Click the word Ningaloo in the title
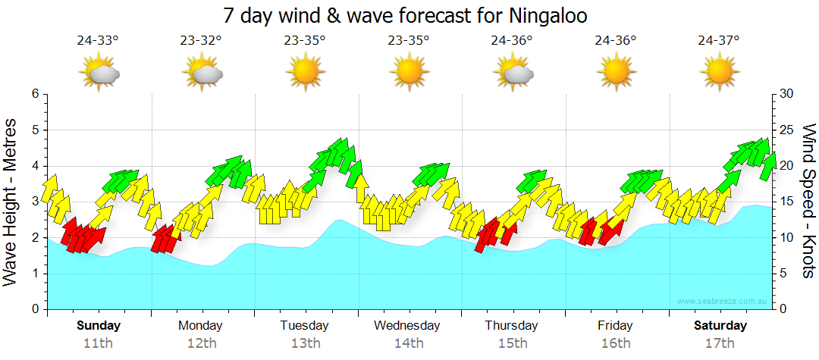click(541, 15)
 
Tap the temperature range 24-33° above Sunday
click(98, 41)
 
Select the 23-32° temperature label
click(202, 41)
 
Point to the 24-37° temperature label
click(719, 41)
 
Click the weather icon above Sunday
click(99, 73)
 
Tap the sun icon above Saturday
click(719, 73)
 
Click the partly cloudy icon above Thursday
click(513, 73)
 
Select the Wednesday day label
click(407, 326)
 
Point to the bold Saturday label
click(720, 326)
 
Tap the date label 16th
click(615, 343)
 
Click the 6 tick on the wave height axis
click(35, 94)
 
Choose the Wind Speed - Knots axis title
click(808, 202)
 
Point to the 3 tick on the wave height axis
click(35, 202)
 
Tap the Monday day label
click(200, 326)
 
